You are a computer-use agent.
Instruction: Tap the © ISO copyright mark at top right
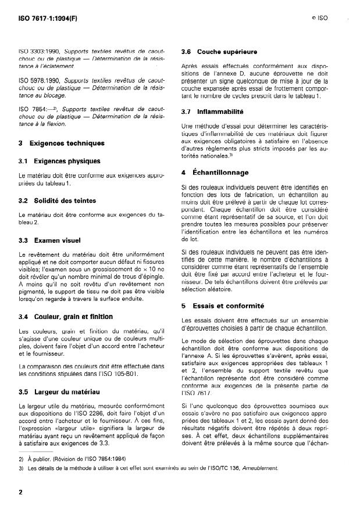pos(319,18)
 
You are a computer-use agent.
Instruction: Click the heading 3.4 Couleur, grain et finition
pos(66,317)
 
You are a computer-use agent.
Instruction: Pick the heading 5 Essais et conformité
pos(215,306)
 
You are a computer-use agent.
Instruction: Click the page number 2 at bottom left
pos(20,492)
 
